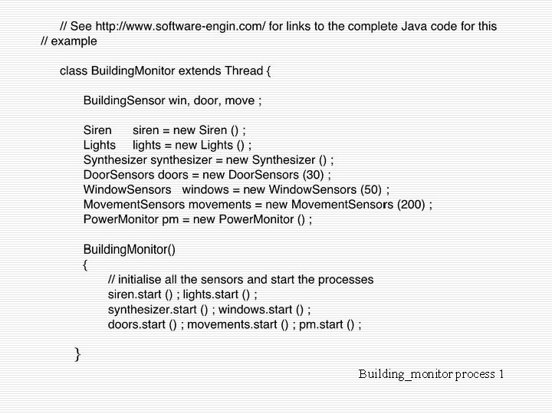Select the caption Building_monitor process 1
point(431,374)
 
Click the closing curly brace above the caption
point(77,353)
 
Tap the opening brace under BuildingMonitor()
point(86,264)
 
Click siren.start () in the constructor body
point(140,294)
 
